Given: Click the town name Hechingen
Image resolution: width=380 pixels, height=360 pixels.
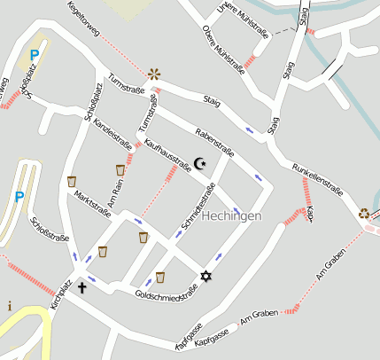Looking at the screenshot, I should (x=231, y=216).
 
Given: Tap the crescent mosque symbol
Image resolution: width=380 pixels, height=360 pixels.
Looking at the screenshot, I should (x=199, y=163).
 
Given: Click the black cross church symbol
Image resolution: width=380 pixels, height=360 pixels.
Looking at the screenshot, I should (x=82, y=287).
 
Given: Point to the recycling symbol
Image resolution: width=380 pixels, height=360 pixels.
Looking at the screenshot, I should (x=364, y=213).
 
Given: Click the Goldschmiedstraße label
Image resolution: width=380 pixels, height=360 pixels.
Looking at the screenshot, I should (x=166, y=293).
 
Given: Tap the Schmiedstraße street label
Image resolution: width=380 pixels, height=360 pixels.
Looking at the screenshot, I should (x=198, y=208).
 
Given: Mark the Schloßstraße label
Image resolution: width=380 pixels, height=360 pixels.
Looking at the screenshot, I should (x=50, y=235).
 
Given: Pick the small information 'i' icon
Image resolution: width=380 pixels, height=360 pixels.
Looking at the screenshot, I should (x=10, y=306).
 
